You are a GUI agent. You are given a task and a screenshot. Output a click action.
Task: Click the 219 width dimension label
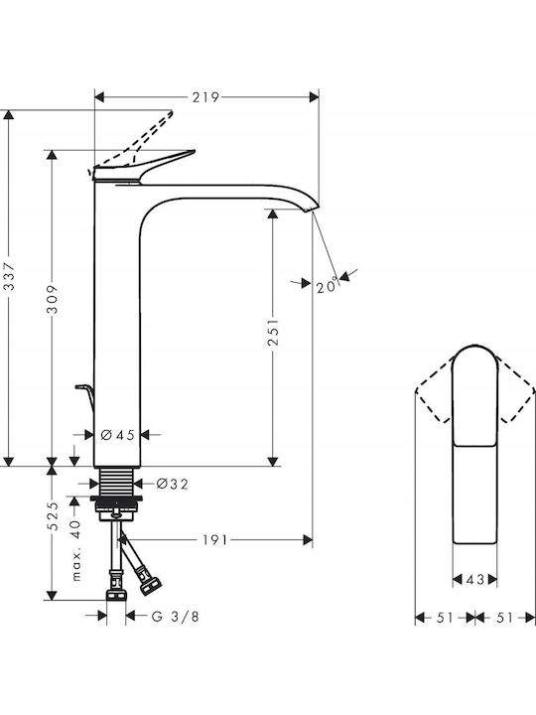205,97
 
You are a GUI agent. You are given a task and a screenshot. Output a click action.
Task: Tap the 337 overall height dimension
9,276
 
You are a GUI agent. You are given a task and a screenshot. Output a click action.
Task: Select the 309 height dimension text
53,300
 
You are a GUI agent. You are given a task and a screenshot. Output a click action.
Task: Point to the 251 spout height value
273,332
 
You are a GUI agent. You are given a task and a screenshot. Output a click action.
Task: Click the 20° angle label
329,286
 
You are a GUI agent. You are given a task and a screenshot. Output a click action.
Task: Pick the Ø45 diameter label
117,435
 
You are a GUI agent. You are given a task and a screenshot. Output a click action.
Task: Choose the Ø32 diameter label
173,484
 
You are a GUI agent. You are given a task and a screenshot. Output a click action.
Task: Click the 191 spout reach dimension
214,540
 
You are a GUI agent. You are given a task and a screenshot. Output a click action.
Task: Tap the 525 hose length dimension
53,515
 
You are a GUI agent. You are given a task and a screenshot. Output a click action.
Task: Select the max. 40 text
76,550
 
